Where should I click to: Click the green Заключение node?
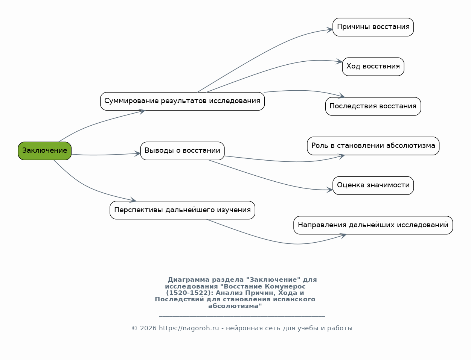(x=45, y=151)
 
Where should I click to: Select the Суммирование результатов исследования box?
(x=182, y=102)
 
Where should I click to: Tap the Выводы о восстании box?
(x=182, y=151)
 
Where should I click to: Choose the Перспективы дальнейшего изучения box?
(x=182, y=210)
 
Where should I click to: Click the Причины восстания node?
(x=373, y=27)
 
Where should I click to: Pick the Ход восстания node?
(x=373, y=67)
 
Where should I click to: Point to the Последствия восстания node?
(x=373, y=106)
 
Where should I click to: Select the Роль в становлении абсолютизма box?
(x=373, y=146)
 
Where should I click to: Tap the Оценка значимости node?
(x=373, y=186)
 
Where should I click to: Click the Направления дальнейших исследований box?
(x=373, y=225)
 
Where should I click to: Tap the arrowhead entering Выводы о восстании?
(x=137, y=153)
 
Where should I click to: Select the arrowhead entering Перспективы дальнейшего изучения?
(x=133, y=200)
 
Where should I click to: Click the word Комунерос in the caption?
(x=285, y=286)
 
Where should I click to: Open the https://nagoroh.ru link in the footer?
(x=189, y=328)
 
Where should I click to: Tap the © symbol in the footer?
(x=134, y=328)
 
